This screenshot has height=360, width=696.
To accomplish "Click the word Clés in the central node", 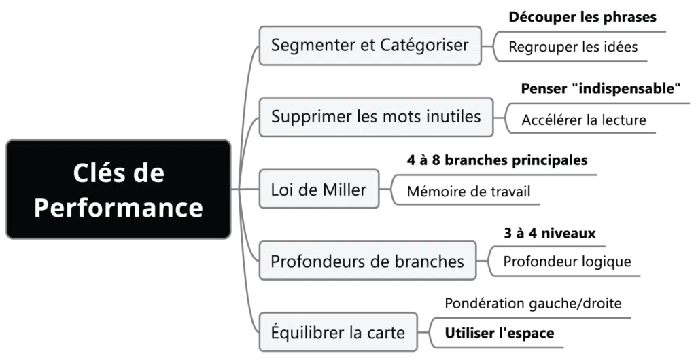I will point(97,173).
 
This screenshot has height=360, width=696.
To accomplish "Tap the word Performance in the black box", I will point(118,207).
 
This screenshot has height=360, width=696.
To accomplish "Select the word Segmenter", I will point(310,46).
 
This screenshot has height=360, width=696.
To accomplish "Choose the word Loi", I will point(283,190).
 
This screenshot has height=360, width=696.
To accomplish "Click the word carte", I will point(385,333).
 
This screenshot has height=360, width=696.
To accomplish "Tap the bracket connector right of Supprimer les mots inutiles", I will point(503,116).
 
